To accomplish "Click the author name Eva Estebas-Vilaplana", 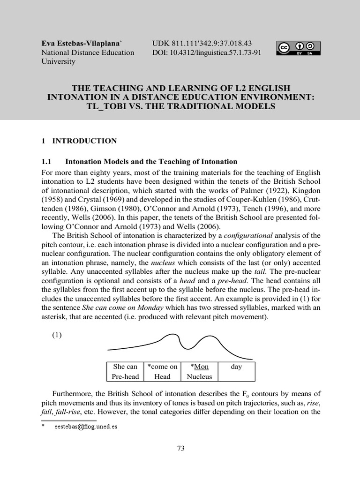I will [x=78, y=43].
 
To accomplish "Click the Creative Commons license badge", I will [x=299, y=48].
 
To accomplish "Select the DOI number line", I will [x=207, y=52].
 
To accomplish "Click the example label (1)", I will [x=57, y=336].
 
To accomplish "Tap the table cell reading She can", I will [x=125, y=367].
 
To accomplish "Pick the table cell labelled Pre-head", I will [x=125, y=376].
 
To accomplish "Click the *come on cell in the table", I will [x=162, y=367].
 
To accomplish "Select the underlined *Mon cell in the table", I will [x=199, y=367].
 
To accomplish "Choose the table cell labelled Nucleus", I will [x=199, y=376].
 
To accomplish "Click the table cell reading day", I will [x=236, y=367].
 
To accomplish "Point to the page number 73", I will [x=180, y=448].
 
